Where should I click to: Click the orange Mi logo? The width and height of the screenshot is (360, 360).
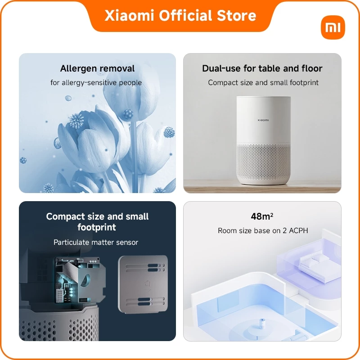pyautogui.click(x=333, y=27)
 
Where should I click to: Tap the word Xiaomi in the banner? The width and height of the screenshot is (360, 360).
pyautogui.click(x=129, y=16)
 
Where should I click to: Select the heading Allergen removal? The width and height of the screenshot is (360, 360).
pyautogui.click(x=97, y=68)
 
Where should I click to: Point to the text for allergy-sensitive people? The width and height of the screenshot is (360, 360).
pyautogui.click(x=96, y=82)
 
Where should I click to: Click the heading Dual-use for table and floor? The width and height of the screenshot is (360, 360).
pyautogui.click(x=262, y=68)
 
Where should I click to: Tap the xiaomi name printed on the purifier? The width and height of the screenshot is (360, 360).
pyautogui.click(x=263, y=120)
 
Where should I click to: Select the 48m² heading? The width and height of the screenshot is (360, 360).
pyautogui.click(x=262, y=216)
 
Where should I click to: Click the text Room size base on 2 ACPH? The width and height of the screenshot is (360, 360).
pyautogui.click(x=263, y=230)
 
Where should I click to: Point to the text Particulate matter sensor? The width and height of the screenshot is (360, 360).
pyautogui.click(x=96, y=242)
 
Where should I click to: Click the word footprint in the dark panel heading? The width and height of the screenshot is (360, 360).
pyautogui.click(x=97, y=227)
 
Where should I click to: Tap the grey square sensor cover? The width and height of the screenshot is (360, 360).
pyautogui.click(x=143, y=284)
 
